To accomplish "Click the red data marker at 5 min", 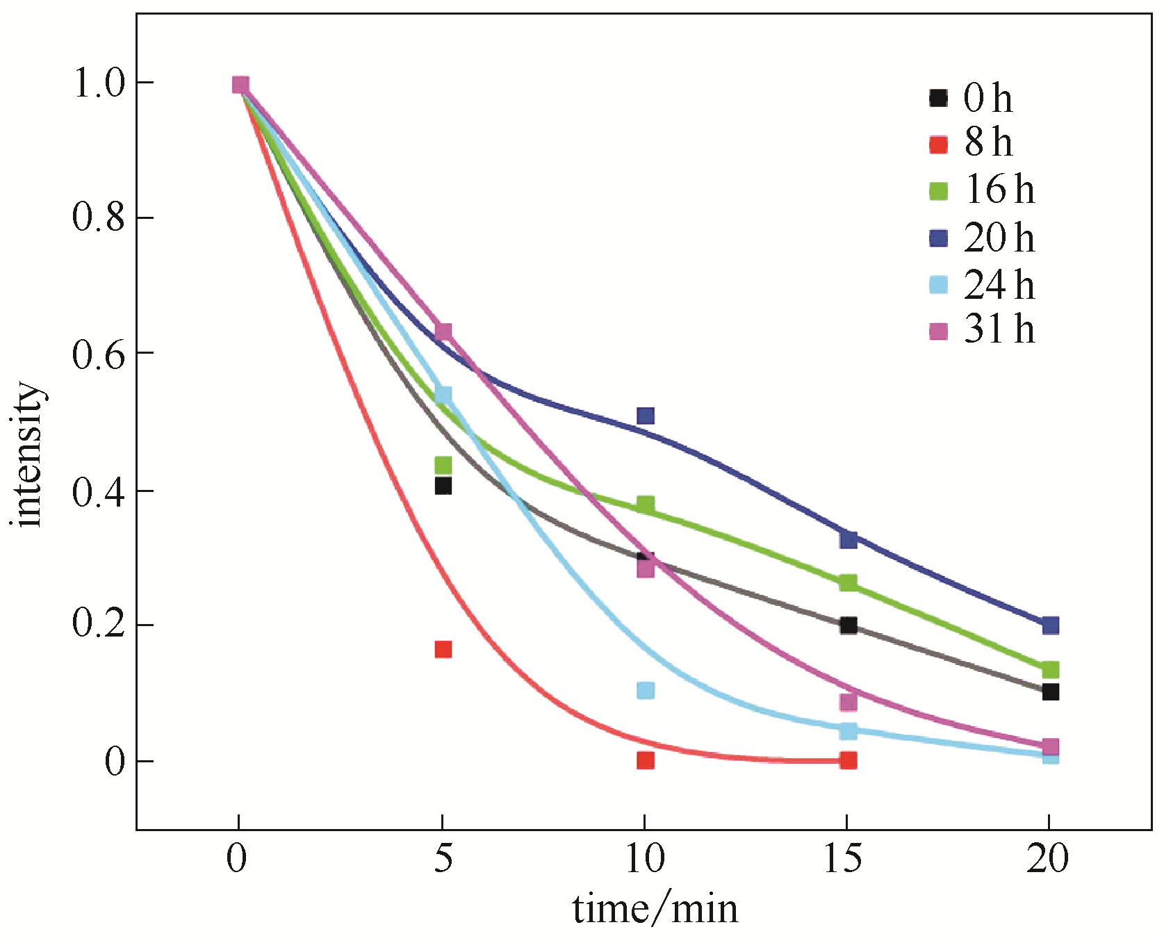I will click(x=443, y=649).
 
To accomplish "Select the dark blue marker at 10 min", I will click(x=645, y=416).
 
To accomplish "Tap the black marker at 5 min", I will click(x=443, y=486).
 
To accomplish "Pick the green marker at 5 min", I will click(x=443, y=464).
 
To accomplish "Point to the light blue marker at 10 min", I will click(x=645, y=690).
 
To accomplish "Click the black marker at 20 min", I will click(x=1050, y=691).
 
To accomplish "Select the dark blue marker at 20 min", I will click(x=1050, y=625).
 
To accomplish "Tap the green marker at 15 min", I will click(x=848, y=582).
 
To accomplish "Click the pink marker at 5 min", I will click(x=443, y=331).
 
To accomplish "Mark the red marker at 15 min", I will click(x=848, y=760).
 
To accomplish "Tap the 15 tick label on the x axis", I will click(x=843, y=859).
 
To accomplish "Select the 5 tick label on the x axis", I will click(x=443, y=859).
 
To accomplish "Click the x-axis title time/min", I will click(x=655, y=909).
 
